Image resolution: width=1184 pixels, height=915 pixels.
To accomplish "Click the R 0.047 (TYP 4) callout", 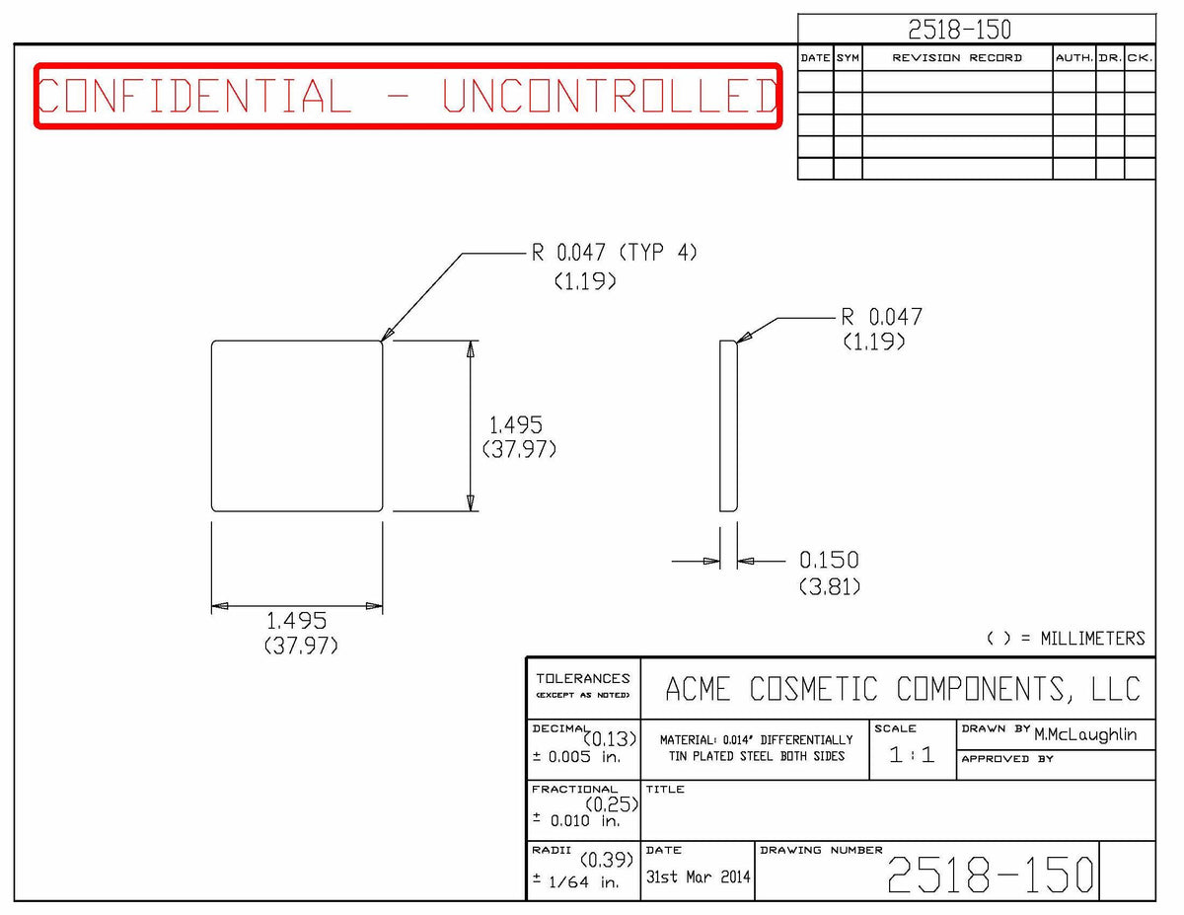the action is [614, 253].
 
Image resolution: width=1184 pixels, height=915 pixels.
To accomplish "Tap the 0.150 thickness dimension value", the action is [829, 561].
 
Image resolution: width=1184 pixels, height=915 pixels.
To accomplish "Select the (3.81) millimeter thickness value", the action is [829, 587].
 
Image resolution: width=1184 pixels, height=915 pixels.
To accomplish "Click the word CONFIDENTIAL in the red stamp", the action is [195, 96].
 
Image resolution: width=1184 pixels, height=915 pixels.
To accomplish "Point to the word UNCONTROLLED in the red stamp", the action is [611, 96].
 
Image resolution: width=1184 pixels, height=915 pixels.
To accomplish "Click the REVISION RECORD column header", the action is [957, 58].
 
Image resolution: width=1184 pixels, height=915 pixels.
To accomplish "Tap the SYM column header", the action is [848, 58].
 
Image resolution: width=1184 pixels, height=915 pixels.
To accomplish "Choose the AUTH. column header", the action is [1073, 58].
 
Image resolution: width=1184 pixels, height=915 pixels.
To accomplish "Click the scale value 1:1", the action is [912, 755].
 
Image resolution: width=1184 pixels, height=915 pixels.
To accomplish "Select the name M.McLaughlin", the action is [1084, 734].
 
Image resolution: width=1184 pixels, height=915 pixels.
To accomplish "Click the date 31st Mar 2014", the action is [698, 877].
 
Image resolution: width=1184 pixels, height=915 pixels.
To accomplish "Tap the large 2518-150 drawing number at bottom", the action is [990, 875].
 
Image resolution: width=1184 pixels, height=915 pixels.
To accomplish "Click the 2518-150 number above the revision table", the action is [959, 30].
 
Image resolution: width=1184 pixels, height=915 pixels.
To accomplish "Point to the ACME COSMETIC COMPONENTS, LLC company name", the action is [902, 688].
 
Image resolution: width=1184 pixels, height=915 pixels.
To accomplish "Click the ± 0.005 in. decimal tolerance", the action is [576, 757].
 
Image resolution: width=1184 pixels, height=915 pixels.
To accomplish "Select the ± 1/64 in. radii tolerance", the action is [576, 881].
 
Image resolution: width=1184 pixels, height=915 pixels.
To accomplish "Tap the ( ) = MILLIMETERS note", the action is [1066, 639].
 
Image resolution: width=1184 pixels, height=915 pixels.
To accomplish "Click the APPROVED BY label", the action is [1007, 759].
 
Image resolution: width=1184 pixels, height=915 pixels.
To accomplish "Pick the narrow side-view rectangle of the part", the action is [728, 426].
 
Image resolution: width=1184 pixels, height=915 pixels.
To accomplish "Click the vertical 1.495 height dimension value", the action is [516, 425].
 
